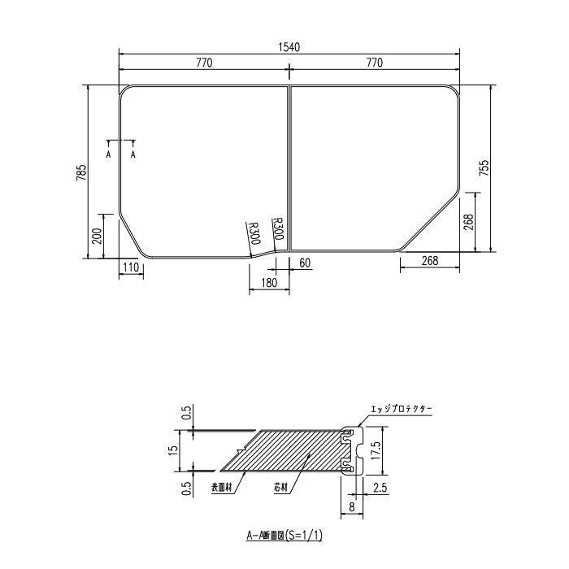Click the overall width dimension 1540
(x=289, y=47)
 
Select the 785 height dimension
(x=80, y=172)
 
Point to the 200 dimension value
(x=97, y=237)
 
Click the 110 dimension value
(x=131, y=267)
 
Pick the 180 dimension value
(x=270, y=282)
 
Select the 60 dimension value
(x=305, y=263)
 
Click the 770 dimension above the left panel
(x=204, y=63)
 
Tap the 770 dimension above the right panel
(x=374, y=63)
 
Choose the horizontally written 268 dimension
(x=430, y=261)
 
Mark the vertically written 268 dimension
(x=469, y=224)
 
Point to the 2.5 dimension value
(x=379, y=488)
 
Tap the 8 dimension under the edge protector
(x=350, y=506)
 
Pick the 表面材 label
(x=221, y=488)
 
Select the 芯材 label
(x=281, y=488)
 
